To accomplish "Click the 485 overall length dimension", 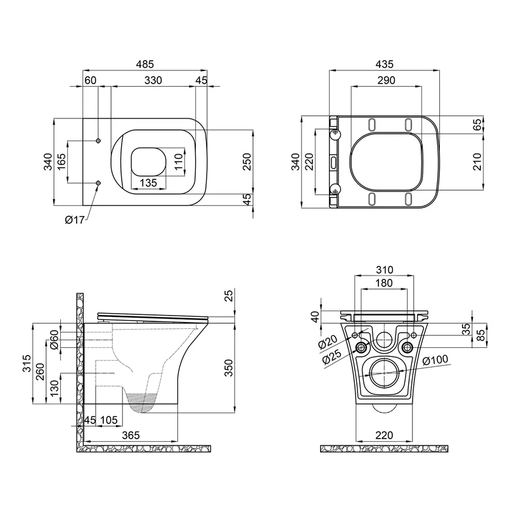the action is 144,64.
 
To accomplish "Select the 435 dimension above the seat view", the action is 385,64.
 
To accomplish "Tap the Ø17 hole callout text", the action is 75,220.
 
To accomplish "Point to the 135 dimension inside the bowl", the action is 148,183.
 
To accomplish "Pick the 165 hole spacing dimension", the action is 61,162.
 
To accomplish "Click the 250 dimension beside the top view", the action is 247,162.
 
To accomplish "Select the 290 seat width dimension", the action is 386,80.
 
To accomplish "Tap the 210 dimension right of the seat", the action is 477,162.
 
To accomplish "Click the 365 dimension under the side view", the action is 131,435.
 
